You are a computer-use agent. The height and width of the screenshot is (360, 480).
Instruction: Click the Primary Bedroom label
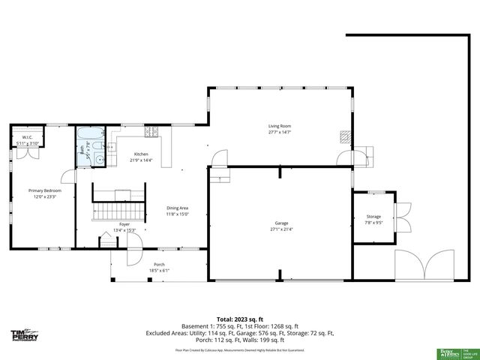point(45,190)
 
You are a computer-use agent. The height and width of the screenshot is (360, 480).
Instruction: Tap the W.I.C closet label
point(26,137)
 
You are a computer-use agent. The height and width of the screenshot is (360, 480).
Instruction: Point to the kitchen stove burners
point(152,132)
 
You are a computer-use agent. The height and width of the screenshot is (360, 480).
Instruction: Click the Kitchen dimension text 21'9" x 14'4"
point(141,160)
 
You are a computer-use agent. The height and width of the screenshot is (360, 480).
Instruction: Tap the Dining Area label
point(177,208)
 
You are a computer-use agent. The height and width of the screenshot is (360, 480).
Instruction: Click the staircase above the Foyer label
point(117,210)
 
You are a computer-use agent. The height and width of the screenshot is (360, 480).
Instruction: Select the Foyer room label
point(124,223)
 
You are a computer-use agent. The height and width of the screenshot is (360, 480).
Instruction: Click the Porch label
point(159,264)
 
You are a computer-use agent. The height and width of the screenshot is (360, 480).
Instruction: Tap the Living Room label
point(280,126)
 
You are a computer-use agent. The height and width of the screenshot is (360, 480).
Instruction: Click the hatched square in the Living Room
point(345,137)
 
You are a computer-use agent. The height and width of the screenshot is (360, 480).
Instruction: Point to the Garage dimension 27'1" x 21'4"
point(281,229)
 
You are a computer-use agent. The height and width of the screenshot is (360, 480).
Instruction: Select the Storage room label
point(373,217)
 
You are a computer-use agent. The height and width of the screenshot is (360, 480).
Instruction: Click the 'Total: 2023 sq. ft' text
point(239,319)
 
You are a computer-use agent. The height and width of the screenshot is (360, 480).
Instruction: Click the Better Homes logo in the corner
point(448,352)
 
